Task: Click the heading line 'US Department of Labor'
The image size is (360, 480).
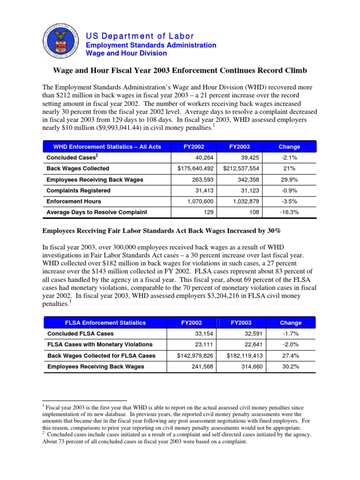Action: pos(139,36)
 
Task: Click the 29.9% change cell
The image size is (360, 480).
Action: pos(289,180)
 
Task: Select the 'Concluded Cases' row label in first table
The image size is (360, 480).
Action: pos(69,157)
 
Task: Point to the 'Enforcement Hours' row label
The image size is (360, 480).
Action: pos(73,201)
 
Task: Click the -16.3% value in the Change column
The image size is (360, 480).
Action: pos(289,212)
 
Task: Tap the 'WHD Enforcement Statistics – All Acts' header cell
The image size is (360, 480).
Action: pos(107,147)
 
